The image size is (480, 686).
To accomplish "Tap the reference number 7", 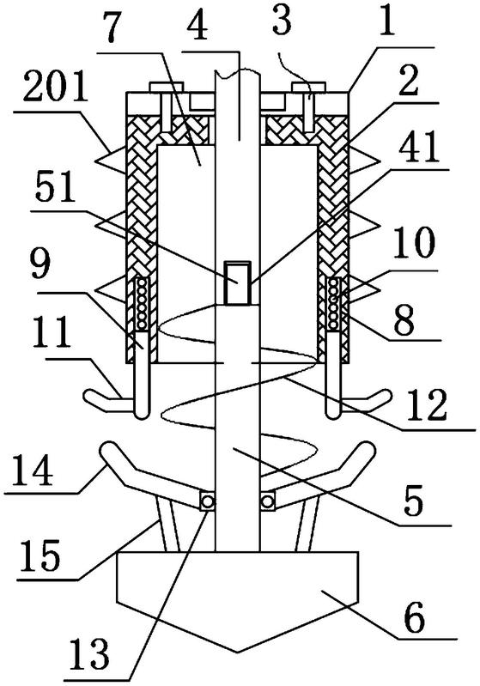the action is pos(112,28).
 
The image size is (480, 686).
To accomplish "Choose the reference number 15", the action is pos(40,555).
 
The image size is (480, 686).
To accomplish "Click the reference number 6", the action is pos(415,618).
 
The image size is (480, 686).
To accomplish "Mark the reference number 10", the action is pos(415,242).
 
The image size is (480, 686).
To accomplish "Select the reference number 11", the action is pos(53,333).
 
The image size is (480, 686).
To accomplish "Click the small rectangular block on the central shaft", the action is pos(238,282).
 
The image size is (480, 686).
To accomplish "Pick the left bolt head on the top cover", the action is pos(167,87).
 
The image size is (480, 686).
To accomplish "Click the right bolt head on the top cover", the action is pos(308,87).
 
